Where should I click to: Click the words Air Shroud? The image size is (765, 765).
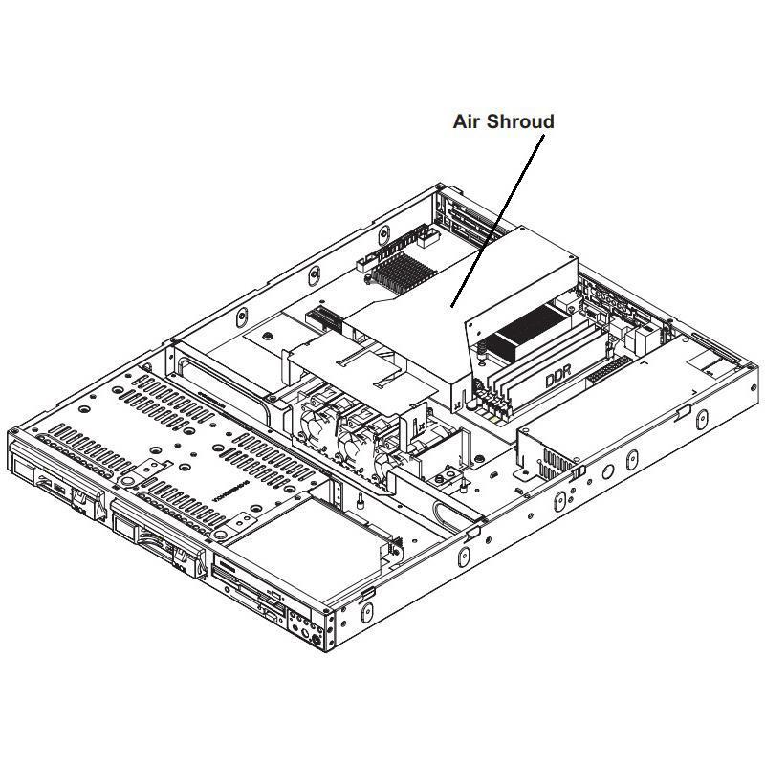503,121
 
